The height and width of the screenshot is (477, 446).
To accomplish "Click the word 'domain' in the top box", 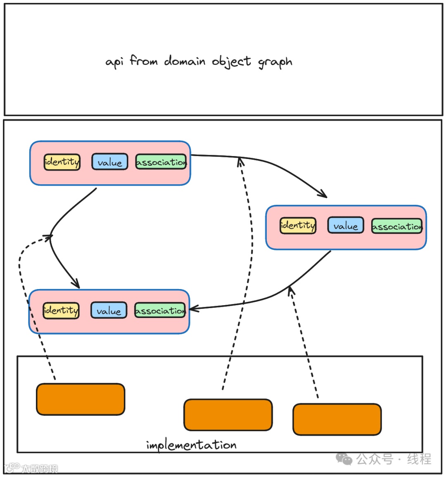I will click(x=185, y=62).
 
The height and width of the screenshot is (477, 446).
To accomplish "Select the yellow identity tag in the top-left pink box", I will click(x=62, y=162).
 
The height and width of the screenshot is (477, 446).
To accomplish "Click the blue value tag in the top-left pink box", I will click(x=109, y=162).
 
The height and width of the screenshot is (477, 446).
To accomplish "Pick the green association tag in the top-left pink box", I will click(x=161, y=162).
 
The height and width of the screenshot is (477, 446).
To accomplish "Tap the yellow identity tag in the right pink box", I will click(x=298, y=226).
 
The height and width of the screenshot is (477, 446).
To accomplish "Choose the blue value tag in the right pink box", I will click(x=346, y=225).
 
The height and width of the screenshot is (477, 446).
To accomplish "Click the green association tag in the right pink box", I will click(x=397, y=226).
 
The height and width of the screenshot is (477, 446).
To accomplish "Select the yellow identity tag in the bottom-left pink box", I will click(x=61, y=311).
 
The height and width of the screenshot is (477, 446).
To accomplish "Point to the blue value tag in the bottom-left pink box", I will click(x=109, y=311).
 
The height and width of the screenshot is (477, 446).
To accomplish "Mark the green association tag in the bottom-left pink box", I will click(x=160, y=311).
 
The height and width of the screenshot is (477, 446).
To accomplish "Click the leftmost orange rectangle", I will click(x=81, y=399).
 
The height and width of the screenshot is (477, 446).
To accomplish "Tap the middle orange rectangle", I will click(x=228, y=415).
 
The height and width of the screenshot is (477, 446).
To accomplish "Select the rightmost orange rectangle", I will click(x=337, y=419).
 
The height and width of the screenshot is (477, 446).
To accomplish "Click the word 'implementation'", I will click(x=191, y=445).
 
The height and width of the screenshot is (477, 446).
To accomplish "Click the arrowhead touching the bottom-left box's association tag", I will click(x=193, y=309).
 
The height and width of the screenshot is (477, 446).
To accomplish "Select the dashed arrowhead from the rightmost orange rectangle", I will click(x=291, y=290).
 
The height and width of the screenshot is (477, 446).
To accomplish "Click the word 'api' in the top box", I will click(x=114, y=62).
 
